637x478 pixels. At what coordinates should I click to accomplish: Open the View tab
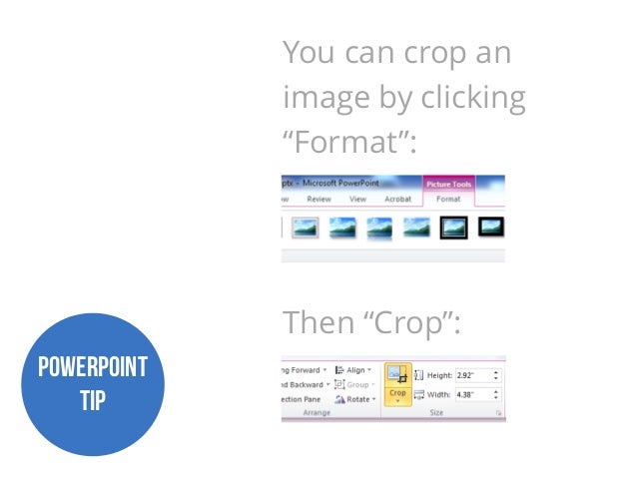[357, 200]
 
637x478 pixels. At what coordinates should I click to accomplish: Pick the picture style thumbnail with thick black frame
[452, 228]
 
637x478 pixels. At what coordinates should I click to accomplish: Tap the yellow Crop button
[397, 383]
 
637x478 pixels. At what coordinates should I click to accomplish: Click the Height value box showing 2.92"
[474, 376]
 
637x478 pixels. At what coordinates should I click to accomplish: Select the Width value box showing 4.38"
[474, 394]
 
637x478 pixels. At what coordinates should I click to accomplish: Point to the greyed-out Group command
[356, 384]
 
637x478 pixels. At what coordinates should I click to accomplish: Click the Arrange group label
[317, 412]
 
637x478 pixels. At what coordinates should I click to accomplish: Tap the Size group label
[436, 412]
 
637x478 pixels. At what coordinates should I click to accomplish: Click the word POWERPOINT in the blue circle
[92, 367]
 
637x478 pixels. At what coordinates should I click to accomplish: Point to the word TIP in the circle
[92, 400]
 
